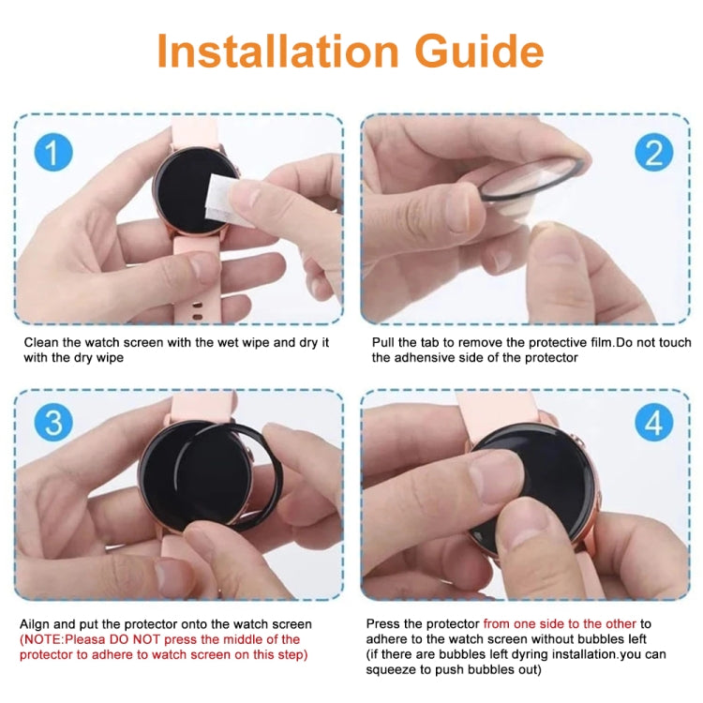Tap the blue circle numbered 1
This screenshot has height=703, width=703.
pyautogui.click(x=52, y=152)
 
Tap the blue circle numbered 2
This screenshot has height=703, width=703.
pyautogui.click(x=653, y=152)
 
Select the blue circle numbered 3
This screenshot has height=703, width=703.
pyautogui.click(x=52, y=423)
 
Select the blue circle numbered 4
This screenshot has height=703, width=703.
pyautogui.click(x=653, y=423)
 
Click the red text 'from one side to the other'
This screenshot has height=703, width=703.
pyautogui.click(x=561, y=623)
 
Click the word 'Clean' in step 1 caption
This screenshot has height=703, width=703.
pyautogui.click(x=41, y=343)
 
